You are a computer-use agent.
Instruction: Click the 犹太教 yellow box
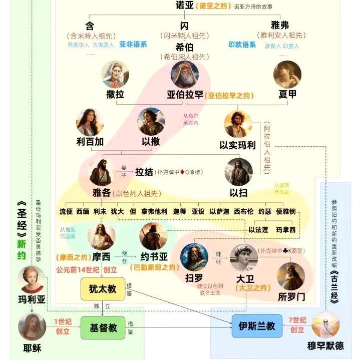click(x=103, y=289)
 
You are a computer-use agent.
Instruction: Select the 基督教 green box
click(x=103, y=327)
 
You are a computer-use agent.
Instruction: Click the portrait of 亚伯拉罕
click(x=185, y=75)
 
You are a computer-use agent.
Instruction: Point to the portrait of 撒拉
click(x=116, y=75)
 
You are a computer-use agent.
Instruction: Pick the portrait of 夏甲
click(x=287, y=75)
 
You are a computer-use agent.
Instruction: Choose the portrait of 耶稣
click(x=32, y=327)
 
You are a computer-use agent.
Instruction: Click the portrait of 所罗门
click(x=291, y=276)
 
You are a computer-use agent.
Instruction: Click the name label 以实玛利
click(x=238, y=145)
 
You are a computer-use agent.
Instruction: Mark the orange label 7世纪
click(x=297, y=320)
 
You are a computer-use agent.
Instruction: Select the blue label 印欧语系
click(x=242, y=45)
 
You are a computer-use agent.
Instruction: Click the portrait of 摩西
click(x=101, y=237)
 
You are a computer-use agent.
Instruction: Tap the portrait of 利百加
click(x=90, y=122)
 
